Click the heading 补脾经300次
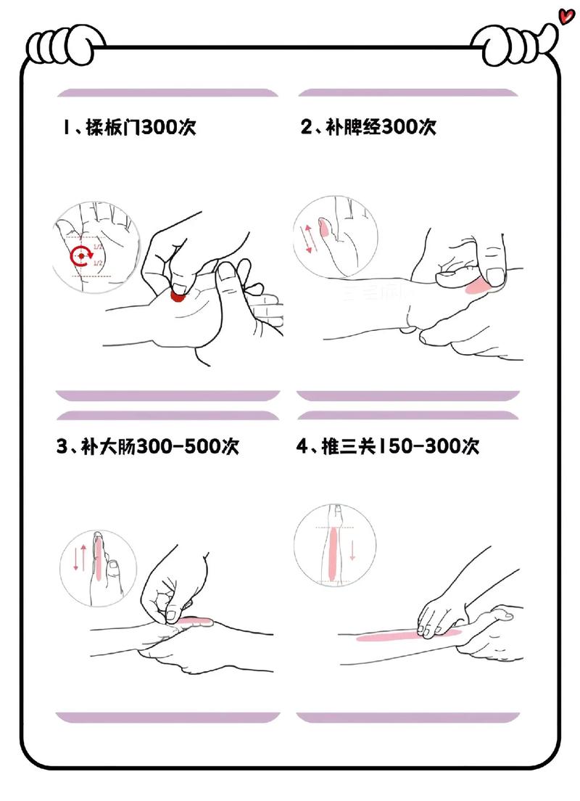[368, 128]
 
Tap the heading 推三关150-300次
[388, 446]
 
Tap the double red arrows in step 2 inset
[310, 239]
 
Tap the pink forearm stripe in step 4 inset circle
[333, 553]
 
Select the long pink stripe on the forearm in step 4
[406, 637]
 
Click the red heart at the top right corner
[566, 15]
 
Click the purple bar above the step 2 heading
[407, 93]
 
